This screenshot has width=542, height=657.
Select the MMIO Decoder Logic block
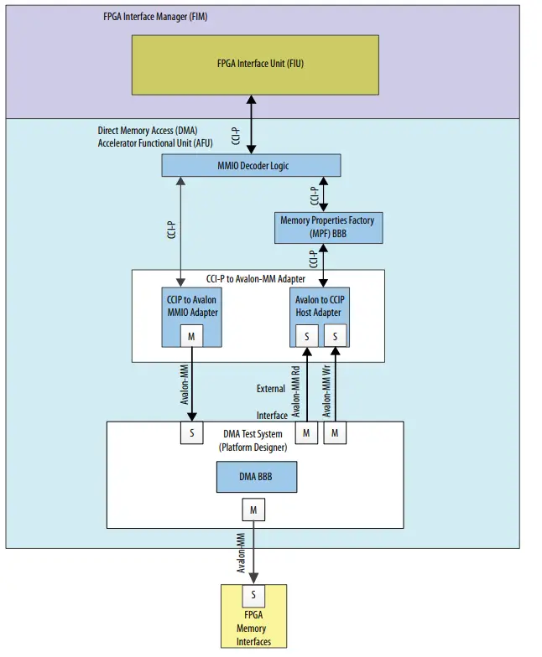click(252, 165)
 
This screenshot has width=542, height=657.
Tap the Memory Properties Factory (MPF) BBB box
click(327, 226)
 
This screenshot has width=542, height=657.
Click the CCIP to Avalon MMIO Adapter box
click(193, 307)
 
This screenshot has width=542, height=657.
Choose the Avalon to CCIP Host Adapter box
click(319, 307)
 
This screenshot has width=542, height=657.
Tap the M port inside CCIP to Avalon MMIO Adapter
click(193, 335)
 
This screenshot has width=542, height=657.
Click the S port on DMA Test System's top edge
click(193, 433)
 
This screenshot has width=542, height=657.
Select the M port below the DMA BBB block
click(253, 510)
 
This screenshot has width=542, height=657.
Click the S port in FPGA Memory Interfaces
click(253, 596)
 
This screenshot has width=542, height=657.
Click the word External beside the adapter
click(270, 389)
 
